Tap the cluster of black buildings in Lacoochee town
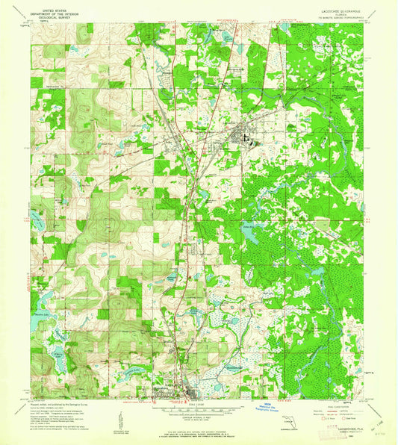coord(240,136)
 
